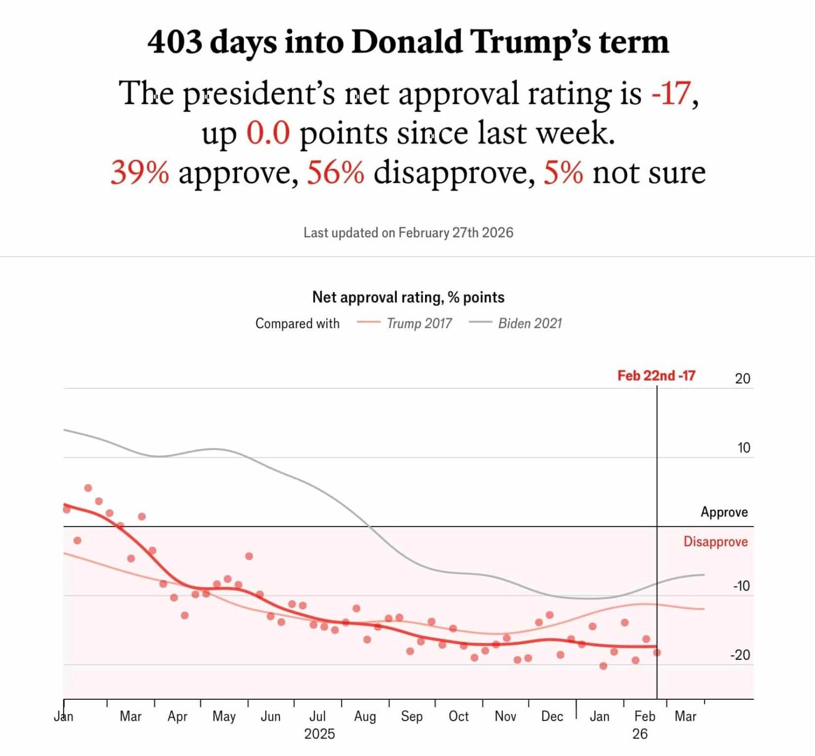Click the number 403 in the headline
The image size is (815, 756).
click(175, 42)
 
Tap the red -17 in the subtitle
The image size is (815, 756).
click(671, 93)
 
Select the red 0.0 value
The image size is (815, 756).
click(268, 133)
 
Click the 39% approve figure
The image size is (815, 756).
click(140, 173)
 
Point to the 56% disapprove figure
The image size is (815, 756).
click(335, 173)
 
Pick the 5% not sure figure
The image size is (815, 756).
click(562, 173)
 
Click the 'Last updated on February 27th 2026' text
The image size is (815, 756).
click(408, 233)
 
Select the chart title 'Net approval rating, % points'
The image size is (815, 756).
click(408, 297)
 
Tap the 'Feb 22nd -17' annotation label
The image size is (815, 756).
click(656, 376)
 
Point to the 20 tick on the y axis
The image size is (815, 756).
click(742, 379)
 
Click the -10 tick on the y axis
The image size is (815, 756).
click(741, 586)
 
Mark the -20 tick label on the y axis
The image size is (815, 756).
click(740, 655)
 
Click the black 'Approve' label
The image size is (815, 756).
click(724, 512)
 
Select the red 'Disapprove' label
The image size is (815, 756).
click(715, 542)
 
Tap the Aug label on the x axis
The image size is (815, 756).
click(365, 717)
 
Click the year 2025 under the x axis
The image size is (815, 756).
click(319, 734)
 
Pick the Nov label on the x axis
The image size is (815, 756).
click(505, 717)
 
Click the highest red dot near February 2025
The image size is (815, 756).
click(88, 488)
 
